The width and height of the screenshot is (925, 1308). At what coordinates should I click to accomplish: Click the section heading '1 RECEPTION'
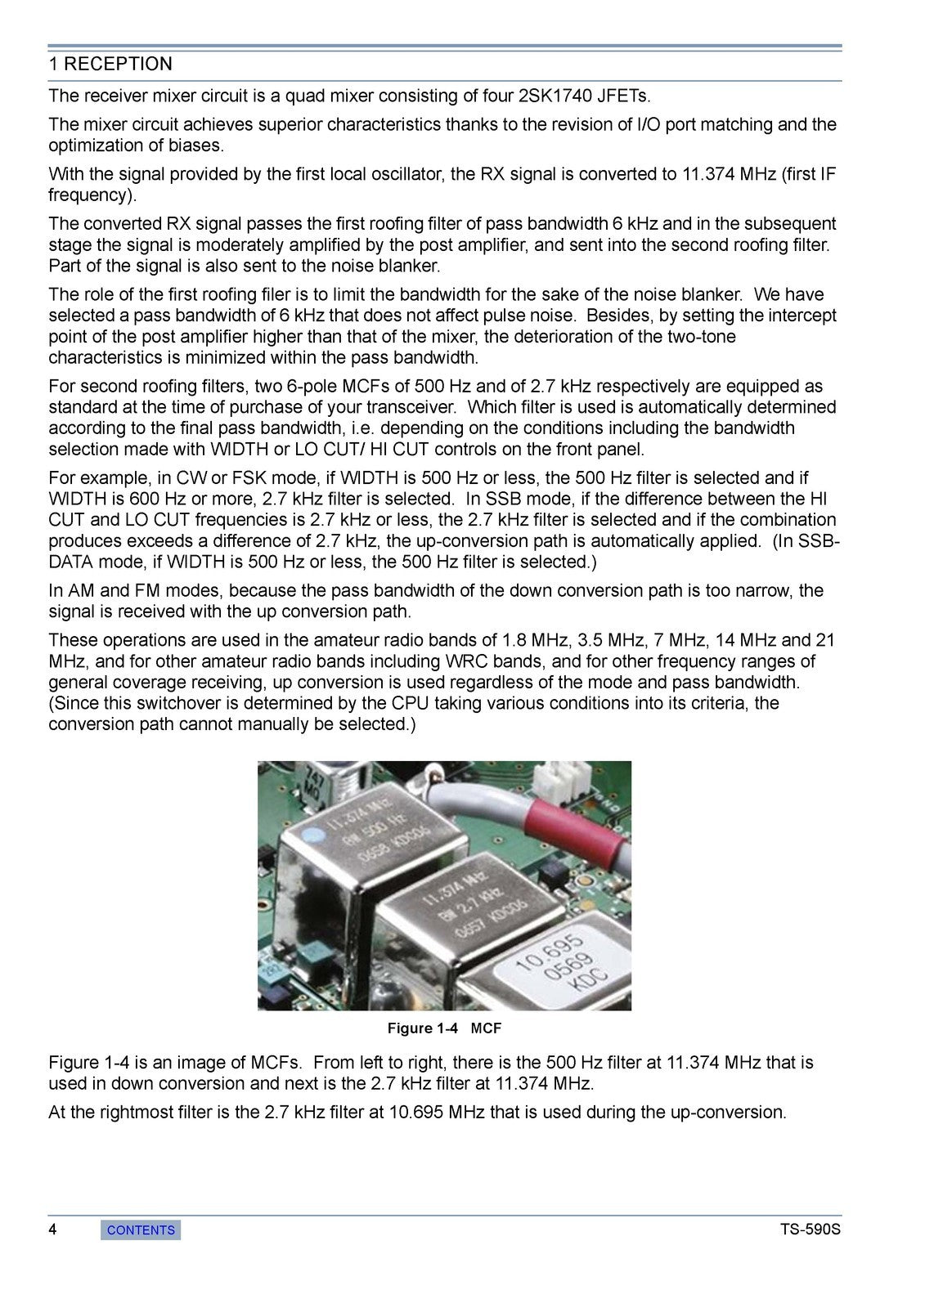[x=110, y=65]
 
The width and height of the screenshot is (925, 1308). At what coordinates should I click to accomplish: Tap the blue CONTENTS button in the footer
[x=141, y=1230]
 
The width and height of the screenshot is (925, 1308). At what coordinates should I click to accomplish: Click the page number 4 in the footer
[x=52, y=1230]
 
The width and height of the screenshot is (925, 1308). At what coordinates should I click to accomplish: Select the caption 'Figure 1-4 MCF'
[x=444, y=1028]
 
